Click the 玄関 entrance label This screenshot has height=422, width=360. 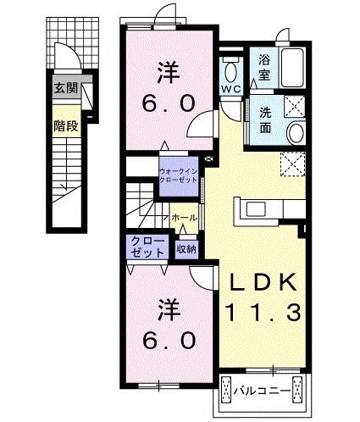[x=66, y=87]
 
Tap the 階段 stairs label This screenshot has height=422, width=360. [x=66, y=124]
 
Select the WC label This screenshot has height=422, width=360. [x=231, y=88]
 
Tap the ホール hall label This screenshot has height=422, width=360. [x=185, y=218]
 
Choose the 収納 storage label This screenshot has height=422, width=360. [x=187, y=249]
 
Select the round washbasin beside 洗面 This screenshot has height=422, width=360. [x=295, y=133]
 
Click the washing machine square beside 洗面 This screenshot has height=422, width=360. [x=292, y=105]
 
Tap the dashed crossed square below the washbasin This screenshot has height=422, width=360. [x=291, y=164]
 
